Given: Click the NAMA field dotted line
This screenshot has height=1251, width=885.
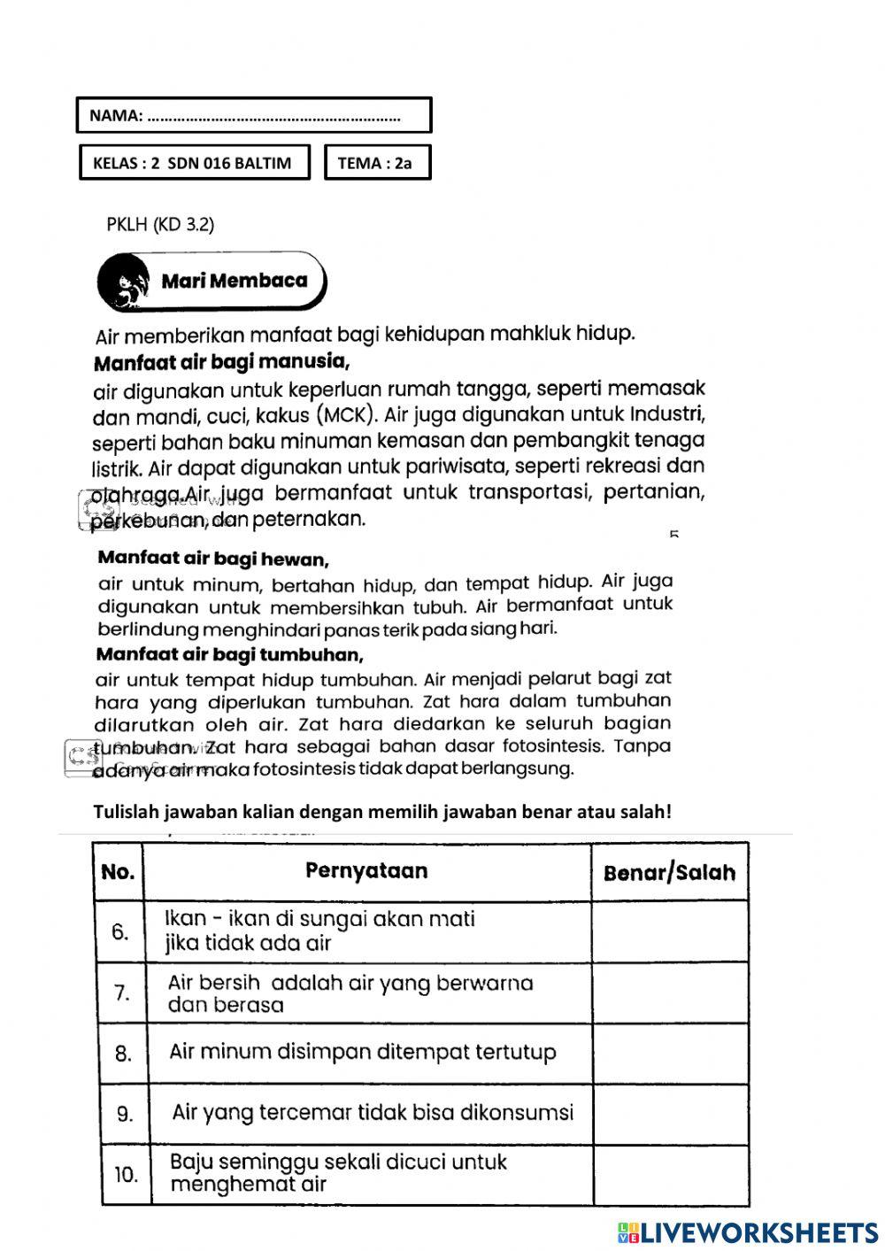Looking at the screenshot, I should pos(273,116).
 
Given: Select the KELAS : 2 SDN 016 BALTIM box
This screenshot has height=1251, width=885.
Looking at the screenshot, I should pos(195,163).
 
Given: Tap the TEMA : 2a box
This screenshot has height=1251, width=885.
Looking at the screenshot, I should pos(377,163).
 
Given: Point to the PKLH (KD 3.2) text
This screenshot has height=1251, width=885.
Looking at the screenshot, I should pos(160,224).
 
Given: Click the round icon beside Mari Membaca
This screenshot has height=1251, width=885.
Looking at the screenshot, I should pos(123,281).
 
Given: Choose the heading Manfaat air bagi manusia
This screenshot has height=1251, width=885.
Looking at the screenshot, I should pos(221,361).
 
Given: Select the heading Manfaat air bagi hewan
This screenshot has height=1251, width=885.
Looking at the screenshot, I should pos(213,559).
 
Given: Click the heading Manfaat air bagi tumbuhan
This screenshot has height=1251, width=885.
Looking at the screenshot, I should pos(229,655).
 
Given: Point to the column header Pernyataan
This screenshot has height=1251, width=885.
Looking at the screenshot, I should pos(366,870).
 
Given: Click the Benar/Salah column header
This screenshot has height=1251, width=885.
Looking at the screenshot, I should pos(669,873).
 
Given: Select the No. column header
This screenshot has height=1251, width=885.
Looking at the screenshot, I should pos(118,872).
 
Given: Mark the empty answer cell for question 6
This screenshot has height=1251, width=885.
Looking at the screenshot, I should pos(669,931).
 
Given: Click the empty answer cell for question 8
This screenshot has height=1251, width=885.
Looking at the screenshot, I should pos(669,1054).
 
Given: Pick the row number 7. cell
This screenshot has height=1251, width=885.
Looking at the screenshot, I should pos(121,993).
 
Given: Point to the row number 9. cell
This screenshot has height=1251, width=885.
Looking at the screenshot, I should pos(124,1114).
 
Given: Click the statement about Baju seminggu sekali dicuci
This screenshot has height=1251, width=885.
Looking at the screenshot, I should pos(338,1172).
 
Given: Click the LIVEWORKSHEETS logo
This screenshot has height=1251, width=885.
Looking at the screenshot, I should pos(748,1232).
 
